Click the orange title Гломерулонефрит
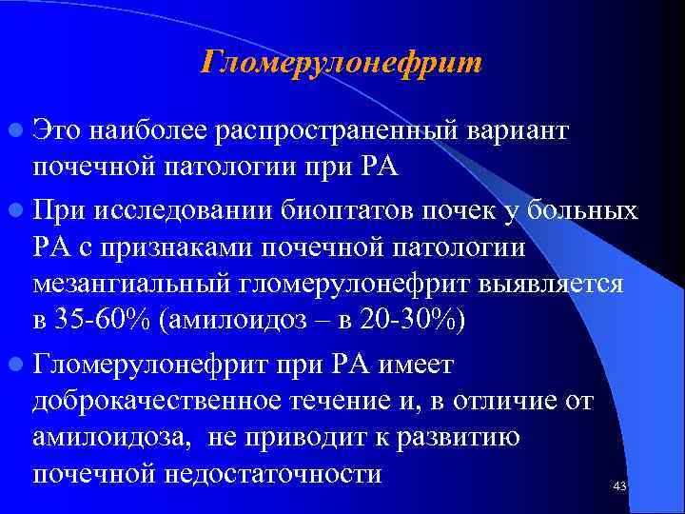pyautogui.click(x=342, y=64)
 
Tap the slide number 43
pyautogui.click(x=620, y=486)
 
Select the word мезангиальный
pyautogui.click(x=137, y=284)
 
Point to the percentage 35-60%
pyautogui.click(x=104, y=321)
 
